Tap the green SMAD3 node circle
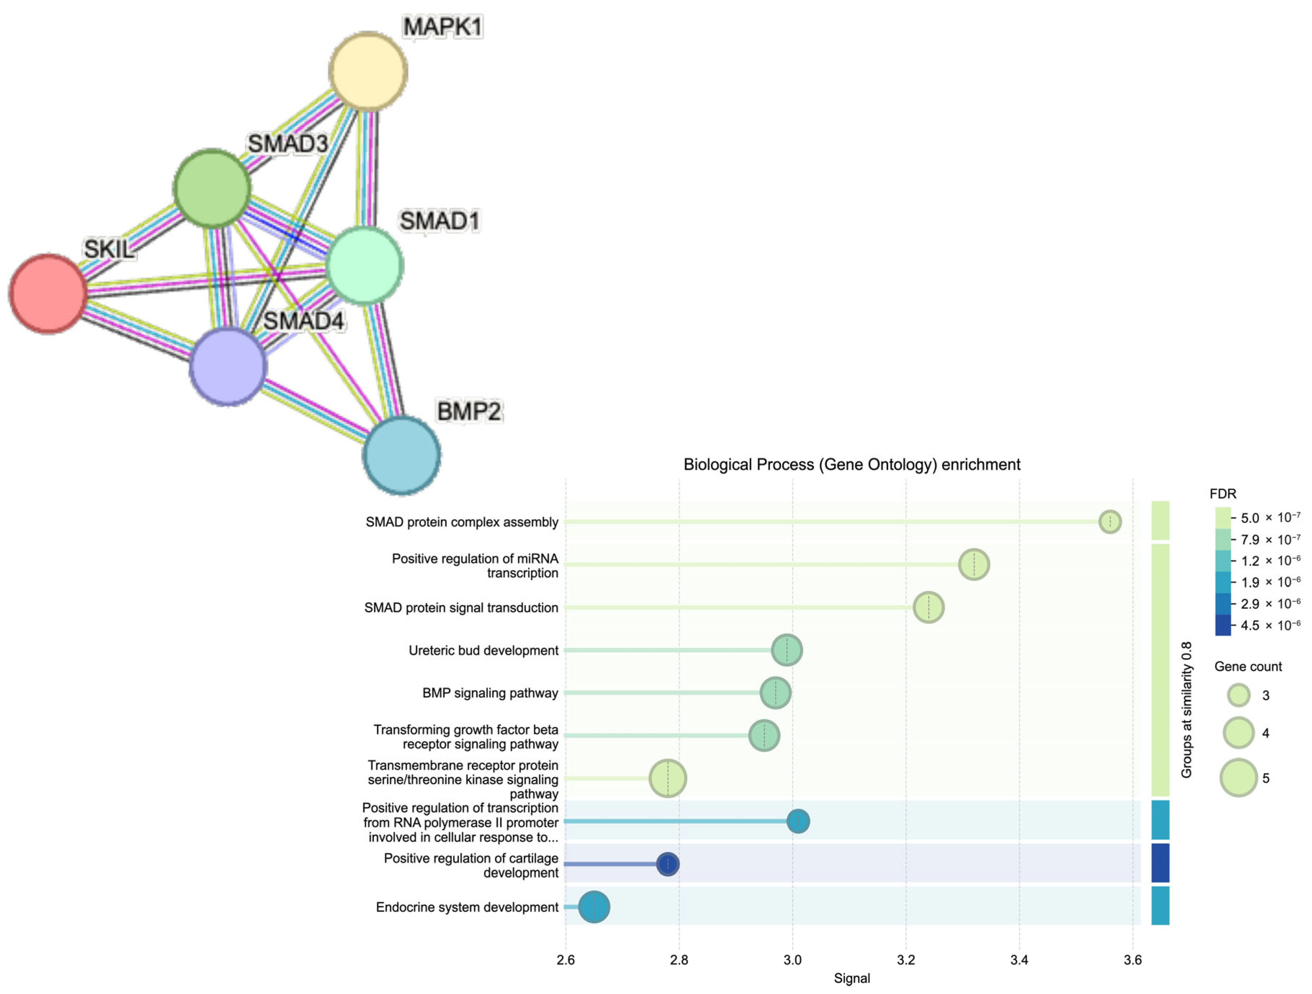coord(212,188)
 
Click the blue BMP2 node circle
coord(402,455)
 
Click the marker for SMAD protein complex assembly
coord(1110,522)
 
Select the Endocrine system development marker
coord(594,907)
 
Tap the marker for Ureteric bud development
coord(787,650)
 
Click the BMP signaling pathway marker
coord(775,693)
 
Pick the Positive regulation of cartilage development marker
coord(668,864)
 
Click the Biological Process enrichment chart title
coord(852,464)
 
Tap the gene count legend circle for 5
coord(1239,777)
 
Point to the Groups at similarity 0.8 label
coord(1186,710)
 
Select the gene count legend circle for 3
coord(1239,695)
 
